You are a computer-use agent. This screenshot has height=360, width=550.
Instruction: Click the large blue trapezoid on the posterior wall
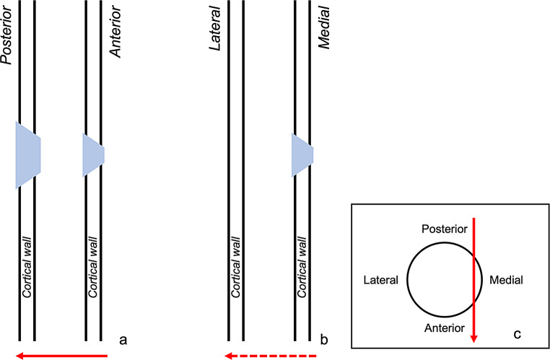27,155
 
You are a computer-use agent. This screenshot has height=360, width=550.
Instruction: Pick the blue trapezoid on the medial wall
302,154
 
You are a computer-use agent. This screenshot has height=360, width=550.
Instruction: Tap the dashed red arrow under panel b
271,355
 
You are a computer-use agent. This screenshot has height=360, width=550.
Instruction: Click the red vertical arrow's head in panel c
474,336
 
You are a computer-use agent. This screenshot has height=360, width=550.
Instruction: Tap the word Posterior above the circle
442,229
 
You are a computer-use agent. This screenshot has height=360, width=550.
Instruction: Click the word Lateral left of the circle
382,279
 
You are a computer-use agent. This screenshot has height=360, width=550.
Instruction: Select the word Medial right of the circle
506,279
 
